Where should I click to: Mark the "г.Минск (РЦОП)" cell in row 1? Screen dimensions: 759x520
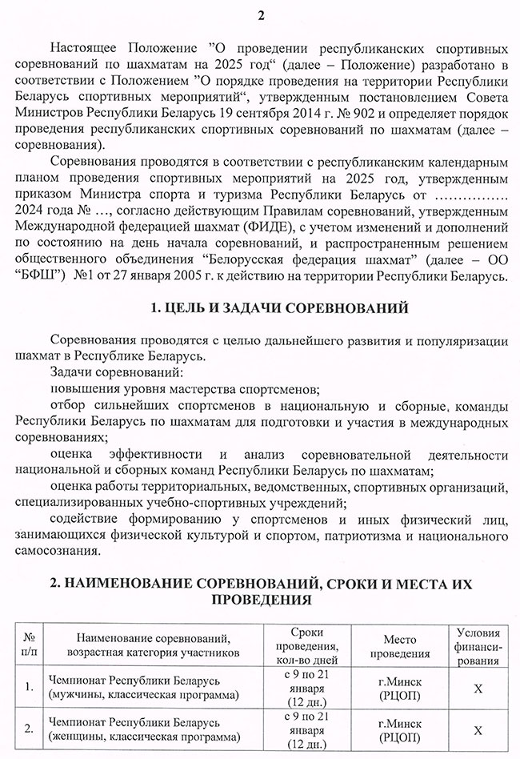(x=399, y=687)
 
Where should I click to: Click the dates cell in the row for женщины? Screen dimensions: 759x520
(x=303, y=730)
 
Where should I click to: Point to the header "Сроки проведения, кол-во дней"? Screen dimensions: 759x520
(x=303, y=646)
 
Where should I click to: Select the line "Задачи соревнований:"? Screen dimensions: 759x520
(x=116, y=373)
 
